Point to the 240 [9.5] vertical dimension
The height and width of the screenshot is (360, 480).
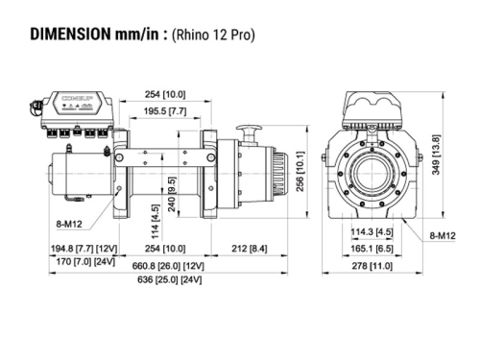click(x=172, y=191)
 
